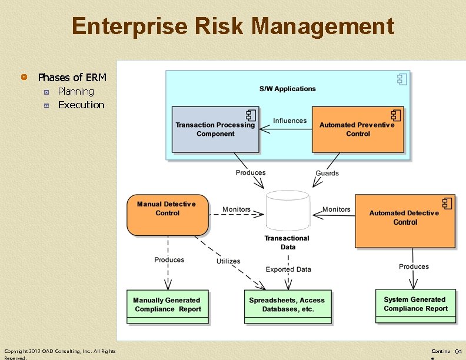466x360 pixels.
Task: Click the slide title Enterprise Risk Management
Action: (x=233, y=26)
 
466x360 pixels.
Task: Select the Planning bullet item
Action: (x=76, y=91)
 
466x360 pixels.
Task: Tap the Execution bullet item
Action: (x=81, y=105)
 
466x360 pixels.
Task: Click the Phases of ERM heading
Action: (x=72, y=77)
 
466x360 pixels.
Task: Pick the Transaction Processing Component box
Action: (x=215, y=129)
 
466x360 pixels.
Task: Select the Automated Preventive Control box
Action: (x=357, y=129)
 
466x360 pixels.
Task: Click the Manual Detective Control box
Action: (x=167, y=215)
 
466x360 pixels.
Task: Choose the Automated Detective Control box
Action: (x=405, y=221)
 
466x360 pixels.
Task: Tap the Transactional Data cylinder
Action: (x=287, y=211)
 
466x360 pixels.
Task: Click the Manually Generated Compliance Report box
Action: (x=168, y=306)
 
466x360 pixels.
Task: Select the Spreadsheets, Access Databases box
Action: (x=288, y=306)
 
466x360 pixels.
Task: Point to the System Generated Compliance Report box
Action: (x=415, y=306)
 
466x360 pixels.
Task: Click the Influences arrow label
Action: (x=289, y=121)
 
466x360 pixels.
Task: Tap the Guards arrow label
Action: (x=327, y=173)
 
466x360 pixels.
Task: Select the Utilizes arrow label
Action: (x=228, y=261)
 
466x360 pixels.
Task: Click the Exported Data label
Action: (x=288, y=269)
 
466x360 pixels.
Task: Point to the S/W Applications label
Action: (x=288, y=89)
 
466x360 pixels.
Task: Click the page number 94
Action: (x=458, y=351)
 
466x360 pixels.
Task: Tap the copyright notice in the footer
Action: (x=59, y=354)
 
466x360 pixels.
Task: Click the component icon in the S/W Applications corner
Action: (x=402, y=79)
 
